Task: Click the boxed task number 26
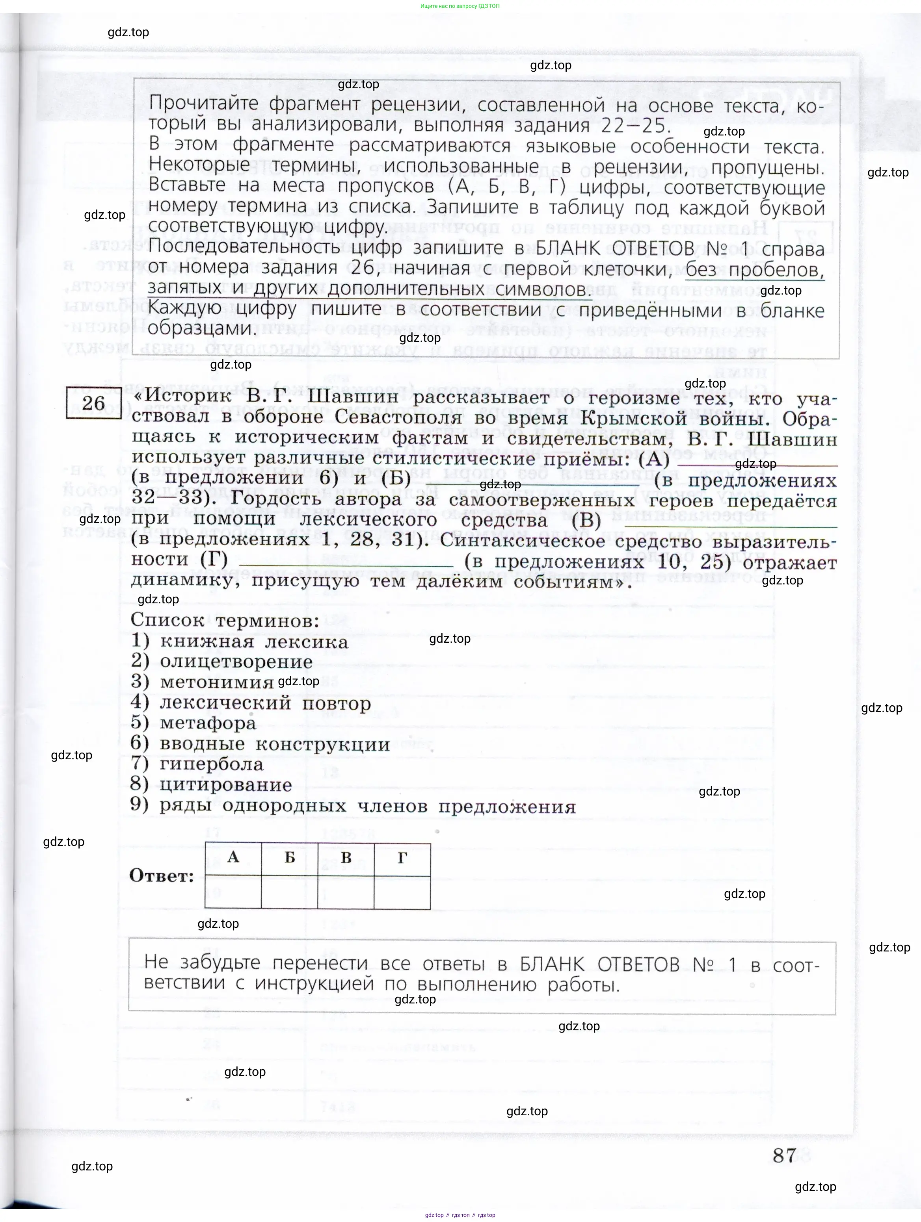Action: pos(93,403)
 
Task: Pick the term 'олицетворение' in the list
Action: pos(236,662)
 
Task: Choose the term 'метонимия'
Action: pos(217,682)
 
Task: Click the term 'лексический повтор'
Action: pos(265,703)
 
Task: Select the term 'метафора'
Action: pos(208,723)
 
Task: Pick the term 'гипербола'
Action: pos(211,764)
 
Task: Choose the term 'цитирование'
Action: pos(225,785)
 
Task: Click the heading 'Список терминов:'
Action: pos(225,620)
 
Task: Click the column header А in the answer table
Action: pos(233,857)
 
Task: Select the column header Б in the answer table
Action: pos(290,857)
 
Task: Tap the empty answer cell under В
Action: pos(346,891)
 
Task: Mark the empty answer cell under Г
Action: pos(402,891)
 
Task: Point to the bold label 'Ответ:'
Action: pos(162,875)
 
